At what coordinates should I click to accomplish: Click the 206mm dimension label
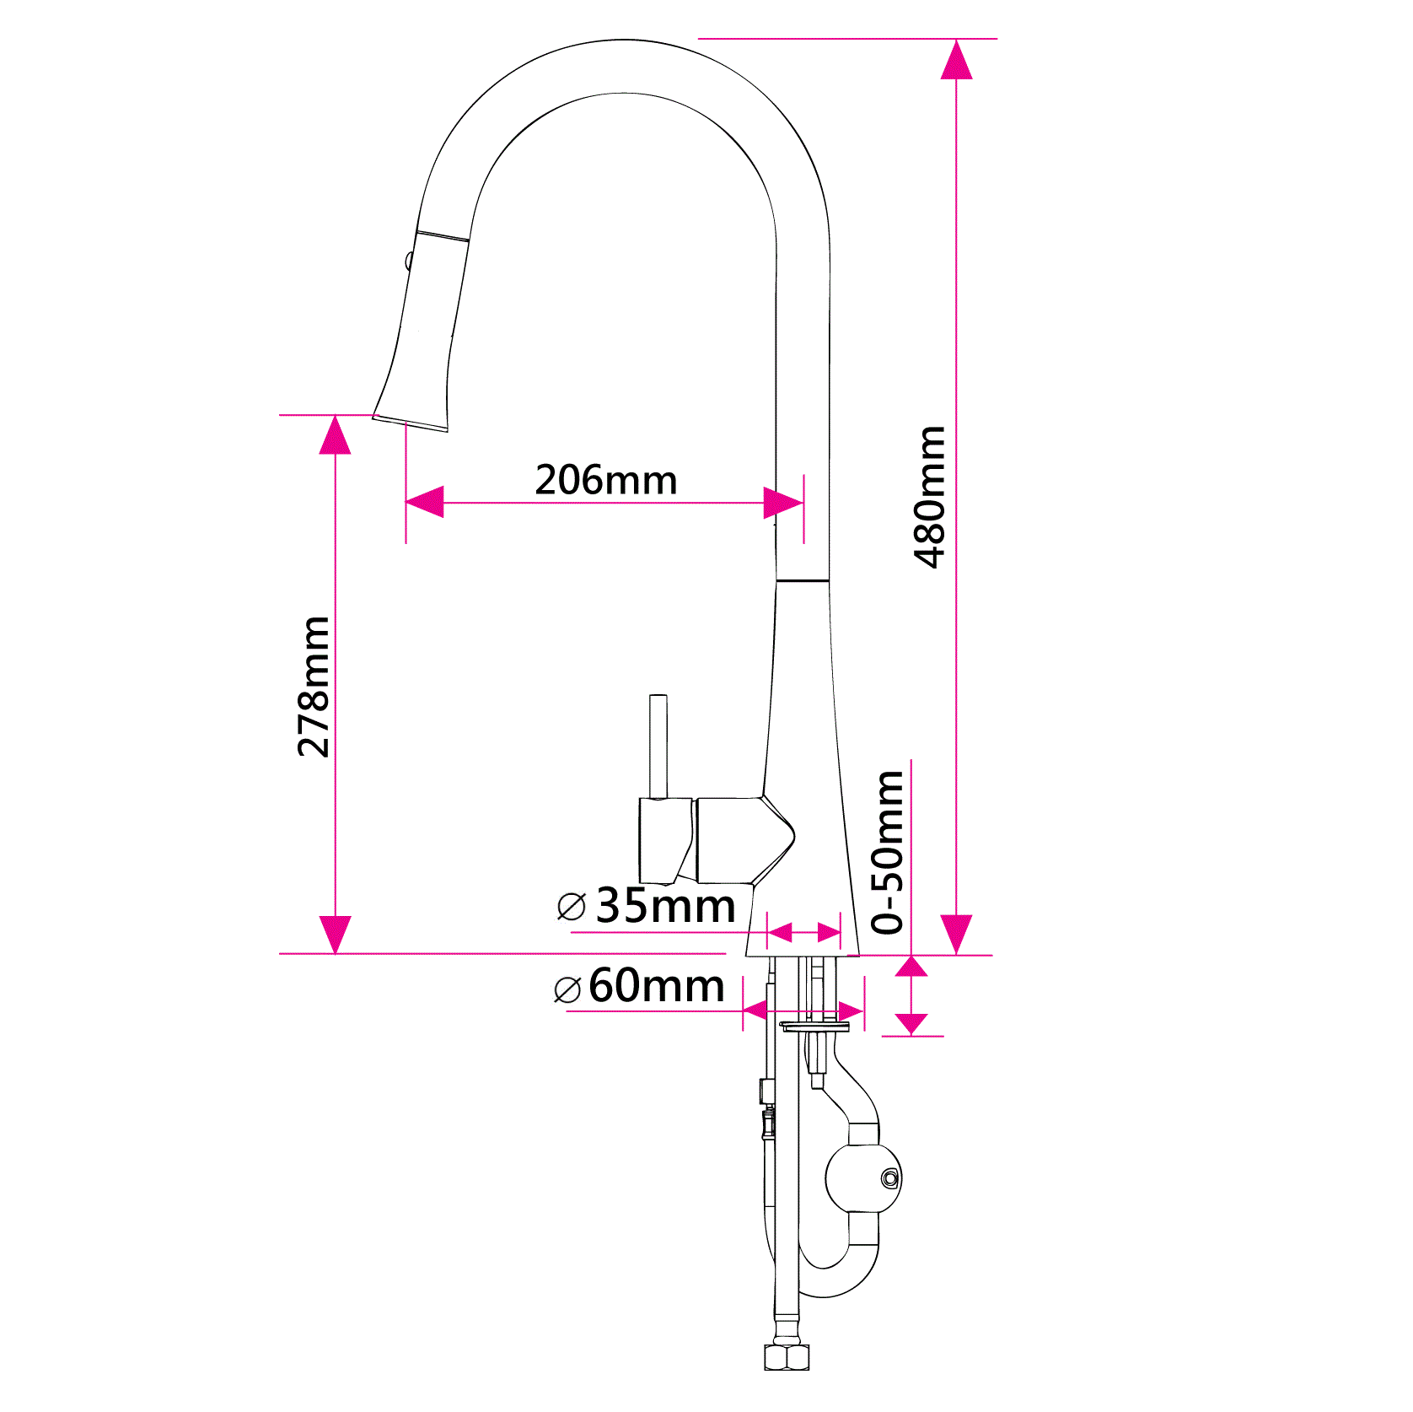click(x=606, y=480)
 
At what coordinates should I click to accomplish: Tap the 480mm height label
click(x=931, y=497)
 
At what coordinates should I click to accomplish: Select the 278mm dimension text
click(x=314, y=687)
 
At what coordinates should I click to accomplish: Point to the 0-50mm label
click(x=889, y=852)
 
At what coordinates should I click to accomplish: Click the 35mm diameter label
click(x=665, y=906)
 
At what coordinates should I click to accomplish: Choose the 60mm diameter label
click(x=656, y=985)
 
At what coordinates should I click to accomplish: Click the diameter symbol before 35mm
click(x=572, y=908)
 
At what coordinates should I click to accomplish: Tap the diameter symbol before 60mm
click(x=567, y=989)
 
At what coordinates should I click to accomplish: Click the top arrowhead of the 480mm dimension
click(x=956, y=61)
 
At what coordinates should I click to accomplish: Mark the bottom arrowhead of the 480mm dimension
click(x=956, y=934)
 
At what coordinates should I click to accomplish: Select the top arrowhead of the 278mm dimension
click(x=336, y=435)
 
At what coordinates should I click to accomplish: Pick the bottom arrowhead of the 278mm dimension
click(x=336, y=934)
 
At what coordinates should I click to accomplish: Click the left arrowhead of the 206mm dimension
click(x=425, y=502)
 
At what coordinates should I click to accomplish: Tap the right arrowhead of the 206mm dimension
click(x=783, y=503)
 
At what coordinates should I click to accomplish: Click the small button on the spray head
click(x=409, y=261)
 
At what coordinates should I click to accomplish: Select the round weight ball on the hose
click(x=862, y=1178)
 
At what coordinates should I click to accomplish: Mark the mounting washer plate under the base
click(x=814, y=1027)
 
